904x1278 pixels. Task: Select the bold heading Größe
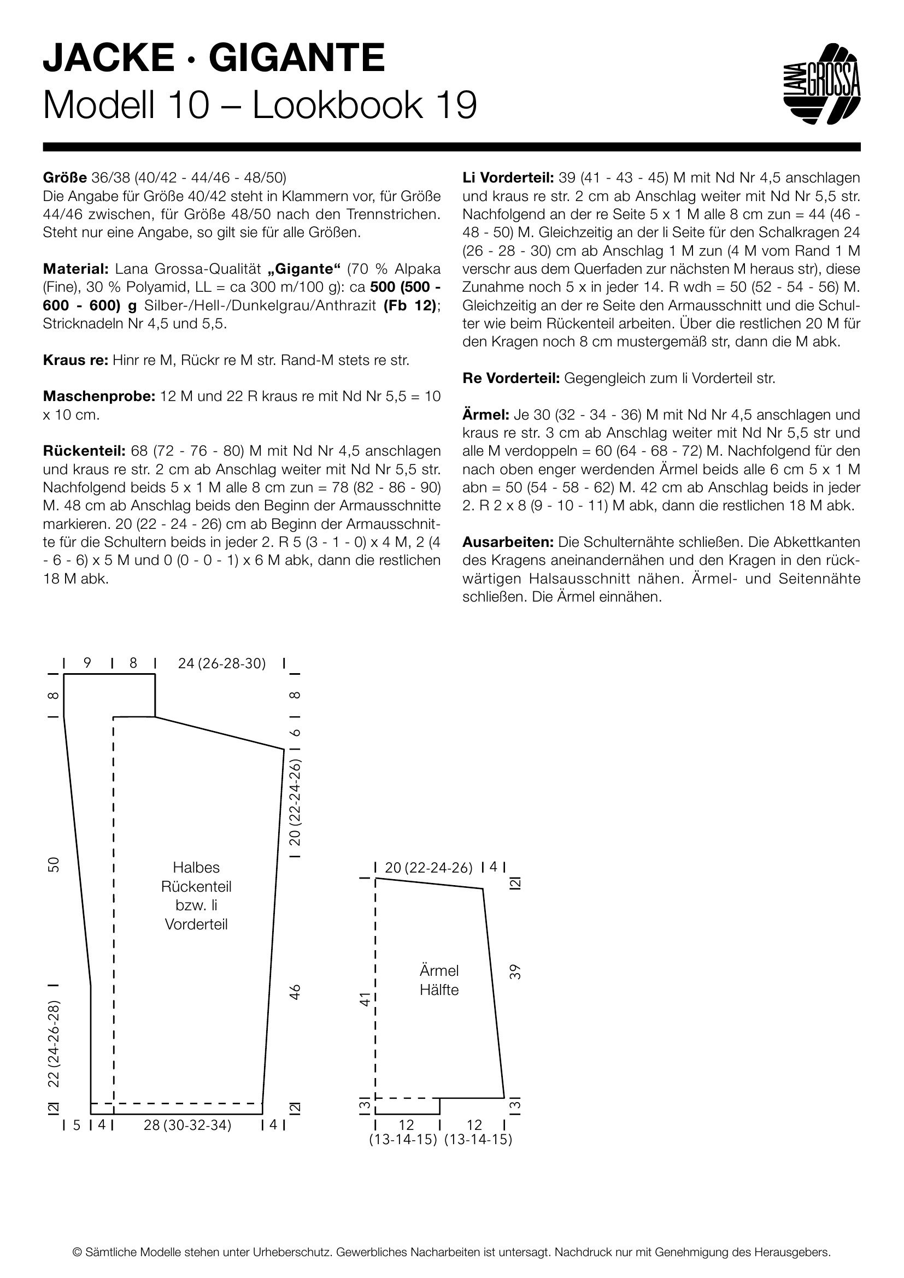point(64,178)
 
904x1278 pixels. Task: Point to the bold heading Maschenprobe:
point(98,397)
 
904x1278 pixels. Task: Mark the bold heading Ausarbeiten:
point(508,542)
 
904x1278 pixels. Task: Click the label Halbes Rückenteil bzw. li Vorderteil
point(196,896)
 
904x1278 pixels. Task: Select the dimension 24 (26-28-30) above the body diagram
point(221,663)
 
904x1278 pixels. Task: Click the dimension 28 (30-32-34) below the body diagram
point(187,1126)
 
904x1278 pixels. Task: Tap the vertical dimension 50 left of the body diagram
point(54,864)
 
